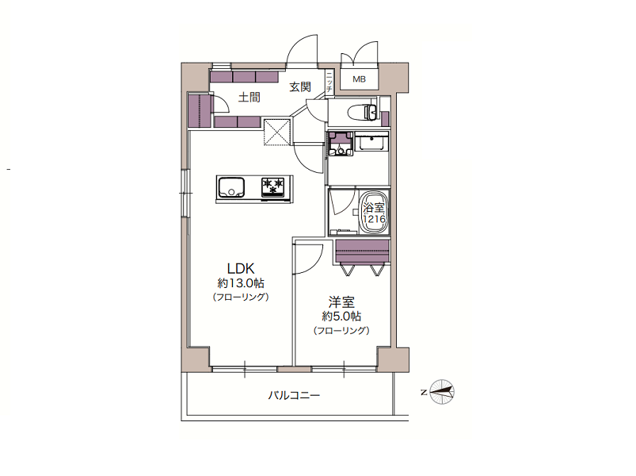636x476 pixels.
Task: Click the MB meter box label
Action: click(359, 79)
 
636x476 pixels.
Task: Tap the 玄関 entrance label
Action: click(300, 87)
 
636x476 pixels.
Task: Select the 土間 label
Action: click(249, 98)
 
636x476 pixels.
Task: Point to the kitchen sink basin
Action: click(231, 188)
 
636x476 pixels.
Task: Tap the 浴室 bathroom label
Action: click(374, 208)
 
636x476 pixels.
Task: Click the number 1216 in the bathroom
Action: click(374, 219)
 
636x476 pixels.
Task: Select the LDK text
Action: click(241, 268)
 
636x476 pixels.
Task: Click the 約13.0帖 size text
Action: click(241, 282)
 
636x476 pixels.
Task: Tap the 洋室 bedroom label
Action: click(341, 302)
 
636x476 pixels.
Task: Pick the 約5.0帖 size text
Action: click(341, 316)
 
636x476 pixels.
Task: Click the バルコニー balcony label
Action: click(294, 395)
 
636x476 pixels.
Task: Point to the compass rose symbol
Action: click(442, 392)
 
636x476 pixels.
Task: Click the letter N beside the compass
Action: click(424, 393)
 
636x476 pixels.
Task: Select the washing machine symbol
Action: click(341, 144)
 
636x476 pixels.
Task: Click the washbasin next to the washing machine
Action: click(372, 141)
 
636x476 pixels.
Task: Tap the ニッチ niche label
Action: click(329, 83)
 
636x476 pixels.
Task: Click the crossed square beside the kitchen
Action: click(278, 131)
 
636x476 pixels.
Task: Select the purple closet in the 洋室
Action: click(363, 251)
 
